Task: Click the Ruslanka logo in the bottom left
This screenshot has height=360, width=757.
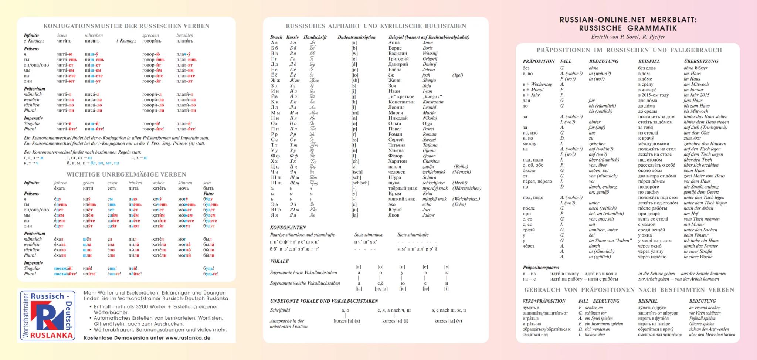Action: pos(47,315)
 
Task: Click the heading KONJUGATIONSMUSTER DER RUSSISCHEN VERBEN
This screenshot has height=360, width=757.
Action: pos(126,26)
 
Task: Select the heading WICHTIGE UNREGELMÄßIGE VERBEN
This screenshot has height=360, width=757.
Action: pos(126,174)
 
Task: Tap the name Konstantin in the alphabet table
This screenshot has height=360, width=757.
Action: pos(433,102)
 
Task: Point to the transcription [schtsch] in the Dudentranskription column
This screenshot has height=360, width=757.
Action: pos(360,183)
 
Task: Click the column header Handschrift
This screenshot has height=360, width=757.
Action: pos(315,37)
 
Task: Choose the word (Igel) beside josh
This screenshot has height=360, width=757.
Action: pos(458,75)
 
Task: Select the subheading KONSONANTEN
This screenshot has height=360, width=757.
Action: pos(288,228)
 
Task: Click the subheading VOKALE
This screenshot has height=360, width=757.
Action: pos(279,261)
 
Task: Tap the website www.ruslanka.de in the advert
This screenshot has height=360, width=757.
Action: pos(188,338)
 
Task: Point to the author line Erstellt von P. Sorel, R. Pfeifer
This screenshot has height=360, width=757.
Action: pos(628,37)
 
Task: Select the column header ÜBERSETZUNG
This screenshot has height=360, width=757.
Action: pos(701,61)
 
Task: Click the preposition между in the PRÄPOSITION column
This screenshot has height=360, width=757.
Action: pos(529,144)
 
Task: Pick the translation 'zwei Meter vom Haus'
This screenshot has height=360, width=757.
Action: pos(704,176)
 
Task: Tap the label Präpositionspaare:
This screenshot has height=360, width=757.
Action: pos(541,268)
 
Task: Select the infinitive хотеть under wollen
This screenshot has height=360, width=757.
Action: pos(159,189)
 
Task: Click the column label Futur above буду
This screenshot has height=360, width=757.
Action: pos(208,194)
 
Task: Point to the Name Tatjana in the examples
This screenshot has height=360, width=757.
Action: pos(430,145)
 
